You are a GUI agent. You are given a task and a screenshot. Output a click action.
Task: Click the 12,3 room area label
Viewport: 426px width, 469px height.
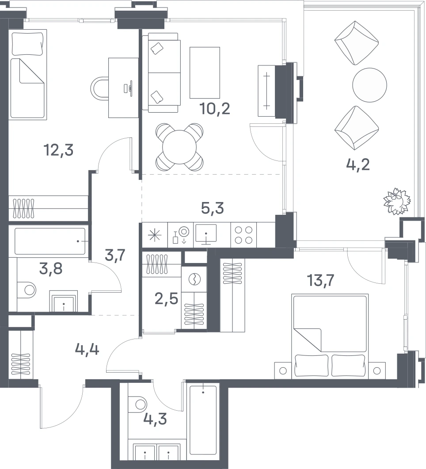[x=59, y=150]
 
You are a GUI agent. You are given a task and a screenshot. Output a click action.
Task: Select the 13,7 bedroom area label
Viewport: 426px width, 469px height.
[x=320, y=280]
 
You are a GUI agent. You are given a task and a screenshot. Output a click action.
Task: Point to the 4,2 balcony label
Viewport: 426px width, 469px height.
[x=358, y=164]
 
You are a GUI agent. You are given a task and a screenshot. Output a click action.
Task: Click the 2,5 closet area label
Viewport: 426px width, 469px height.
[x=167, y=298]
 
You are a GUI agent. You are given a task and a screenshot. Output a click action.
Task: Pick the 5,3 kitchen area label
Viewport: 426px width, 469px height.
[x=213, y=208]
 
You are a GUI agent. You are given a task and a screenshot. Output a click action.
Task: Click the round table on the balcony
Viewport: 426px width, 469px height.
[x=369, y=85]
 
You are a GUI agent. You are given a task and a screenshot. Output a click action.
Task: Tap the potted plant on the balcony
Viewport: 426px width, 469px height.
[x=397, y=201]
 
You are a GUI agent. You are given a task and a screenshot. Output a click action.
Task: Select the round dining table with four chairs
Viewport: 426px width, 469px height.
[x=179, y=147]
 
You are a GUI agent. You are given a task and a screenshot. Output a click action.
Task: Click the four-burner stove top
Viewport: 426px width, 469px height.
[x=243, y=235]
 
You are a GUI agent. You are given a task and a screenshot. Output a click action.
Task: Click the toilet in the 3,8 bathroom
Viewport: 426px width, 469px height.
[x=27, y=290]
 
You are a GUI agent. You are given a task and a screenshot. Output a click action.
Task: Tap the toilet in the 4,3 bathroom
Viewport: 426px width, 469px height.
[x=137, y=404]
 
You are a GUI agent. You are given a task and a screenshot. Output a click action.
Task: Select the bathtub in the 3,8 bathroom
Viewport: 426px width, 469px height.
[x=49, y=241]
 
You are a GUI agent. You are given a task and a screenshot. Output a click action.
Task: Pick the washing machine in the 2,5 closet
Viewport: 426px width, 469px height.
[x=194, y=279]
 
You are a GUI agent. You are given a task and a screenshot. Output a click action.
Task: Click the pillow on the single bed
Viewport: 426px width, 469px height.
[x=27, y=44]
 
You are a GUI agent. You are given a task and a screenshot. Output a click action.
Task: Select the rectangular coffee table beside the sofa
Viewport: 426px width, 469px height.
[x=205, y=72]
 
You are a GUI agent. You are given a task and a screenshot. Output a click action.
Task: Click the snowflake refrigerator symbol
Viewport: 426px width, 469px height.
[x=155, y=235]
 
